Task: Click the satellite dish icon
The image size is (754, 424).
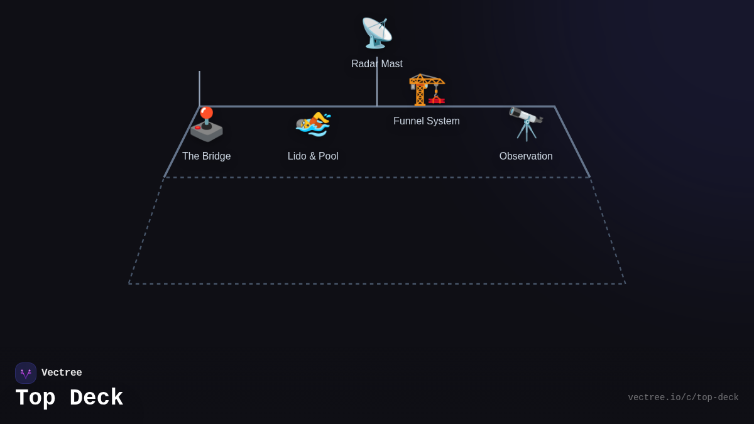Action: pyautogui.click(x=376, y=33)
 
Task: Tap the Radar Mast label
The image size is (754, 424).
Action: pyautogui.click(x=377, y=64)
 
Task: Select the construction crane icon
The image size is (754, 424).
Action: pyautogui.click(x=427, y=89)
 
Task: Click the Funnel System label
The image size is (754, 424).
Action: pyautogui.click(x=427, y=121)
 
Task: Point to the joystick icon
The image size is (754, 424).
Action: pyautogui.click(x=206, y=124)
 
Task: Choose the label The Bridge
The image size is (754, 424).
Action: pyautogui.click(x=206, y=156)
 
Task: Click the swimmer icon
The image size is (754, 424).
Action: pyautogui.click(x=313, y=124)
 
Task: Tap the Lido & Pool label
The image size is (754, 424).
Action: pyautogui.click(x=313, y=156)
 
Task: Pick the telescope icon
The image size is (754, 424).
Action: pyautogui.click(x=526, y=123)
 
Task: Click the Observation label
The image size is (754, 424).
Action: pyautogui.click(x=526, y=156)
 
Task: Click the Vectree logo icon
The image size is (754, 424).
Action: pyautogui.click(x=26, y=373)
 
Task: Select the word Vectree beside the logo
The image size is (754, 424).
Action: pyautogui.click(x=62, y=373)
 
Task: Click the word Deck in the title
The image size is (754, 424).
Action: pyautogui.click(x=96, y=398)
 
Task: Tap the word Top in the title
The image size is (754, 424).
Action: pyautogui.click(x=35, y=398)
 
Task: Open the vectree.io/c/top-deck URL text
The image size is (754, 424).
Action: pyautogui.click(x=683, y=398)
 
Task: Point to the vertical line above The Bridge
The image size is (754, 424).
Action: pyautogui.click(x=199, y=88)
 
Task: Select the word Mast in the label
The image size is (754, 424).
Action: pyautogui.click(x=391, y=64)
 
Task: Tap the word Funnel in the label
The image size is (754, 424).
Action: pyautogui.click(x=410, y=121)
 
